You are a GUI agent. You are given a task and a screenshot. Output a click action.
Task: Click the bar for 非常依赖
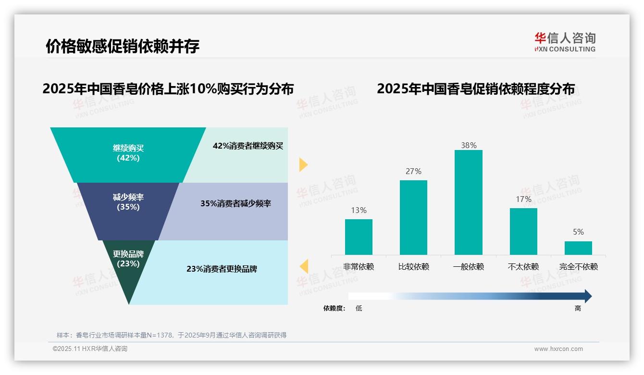coord(359,237)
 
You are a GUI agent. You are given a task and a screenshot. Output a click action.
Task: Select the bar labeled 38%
coord(468,202)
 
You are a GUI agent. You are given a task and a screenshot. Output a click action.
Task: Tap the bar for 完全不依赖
coord(578,248)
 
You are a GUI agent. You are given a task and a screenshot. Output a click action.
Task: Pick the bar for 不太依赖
coord(523,231)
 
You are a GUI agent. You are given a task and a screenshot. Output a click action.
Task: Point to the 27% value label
coord(413,172)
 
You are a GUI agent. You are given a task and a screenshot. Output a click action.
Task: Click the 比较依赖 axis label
coord(413,267)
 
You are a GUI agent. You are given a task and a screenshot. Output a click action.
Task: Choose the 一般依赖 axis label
coord(468,267)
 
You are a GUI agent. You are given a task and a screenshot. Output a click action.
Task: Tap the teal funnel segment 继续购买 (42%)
coord(128,154)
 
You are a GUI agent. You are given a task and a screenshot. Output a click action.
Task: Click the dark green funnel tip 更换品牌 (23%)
coord(128,264)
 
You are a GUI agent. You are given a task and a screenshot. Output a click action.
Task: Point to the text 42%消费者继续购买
coord(248,146)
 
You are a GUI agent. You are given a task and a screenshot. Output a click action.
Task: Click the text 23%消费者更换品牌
coord(222,269)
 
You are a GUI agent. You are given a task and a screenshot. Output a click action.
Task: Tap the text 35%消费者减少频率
coord(235,204)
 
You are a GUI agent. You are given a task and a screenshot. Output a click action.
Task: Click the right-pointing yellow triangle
coord(303,164)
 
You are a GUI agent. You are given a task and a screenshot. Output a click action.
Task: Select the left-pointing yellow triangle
coord(304,266)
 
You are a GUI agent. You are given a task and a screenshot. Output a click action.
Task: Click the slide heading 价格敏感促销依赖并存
coord(123,46)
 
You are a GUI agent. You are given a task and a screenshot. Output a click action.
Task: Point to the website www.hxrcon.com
coord(558,349)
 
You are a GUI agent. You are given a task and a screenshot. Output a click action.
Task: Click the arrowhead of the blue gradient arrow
coord(587,296)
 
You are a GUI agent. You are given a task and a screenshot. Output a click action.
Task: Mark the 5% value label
coord(578,232)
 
